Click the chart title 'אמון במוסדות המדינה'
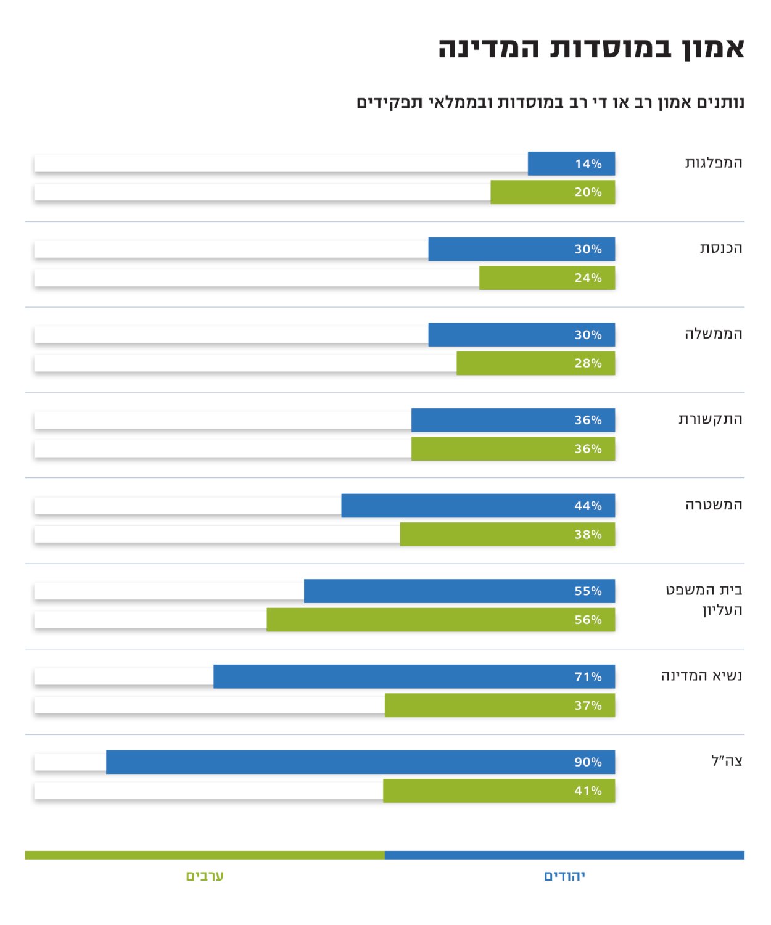click(x=591, y=48)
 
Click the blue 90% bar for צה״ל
click(x=360, y=762)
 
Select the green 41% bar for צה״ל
click(x=498, y=791)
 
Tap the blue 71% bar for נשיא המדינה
click(x=414, y=676)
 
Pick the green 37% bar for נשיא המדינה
click(x=500, y=705)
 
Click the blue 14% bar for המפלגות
click(x=571, y=163)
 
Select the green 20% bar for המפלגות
click(x=553, y=192)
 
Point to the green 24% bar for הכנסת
click(x=547, y=277)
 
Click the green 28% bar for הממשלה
click(x=535, y=363)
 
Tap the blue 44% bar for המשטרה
click(x=478, y=506)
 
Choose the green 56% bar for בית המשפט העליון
click(x=440, y=620)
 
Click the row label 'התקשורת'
click(x=710, y=419)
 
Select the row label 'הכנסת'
click(x=720, y=249)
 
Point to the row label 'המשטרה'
click(x=714, y=505)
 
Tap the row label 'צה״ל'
click(x=727, y=761)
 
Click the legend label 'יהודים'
click(x=564, y=876)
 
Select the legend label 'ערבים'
click(x=205, y=876)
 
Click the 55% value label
click(x=588, y=591)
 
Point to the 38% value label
click(x=588, y=534)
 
